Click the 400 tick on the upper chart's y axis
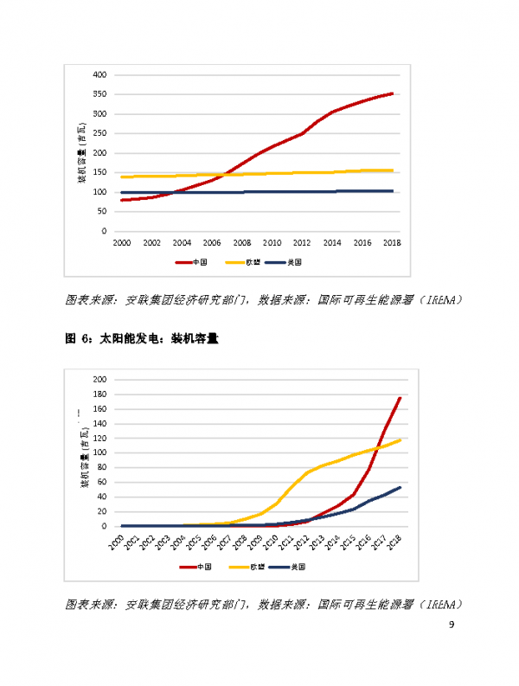tap(99, 74)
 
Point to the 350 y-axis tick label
tap(99, 94)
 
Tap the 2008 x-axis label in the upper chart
tap(241, 243)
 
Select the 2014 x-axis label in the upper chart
tap(331, 243)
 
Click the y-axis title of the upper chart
tap(83, 154)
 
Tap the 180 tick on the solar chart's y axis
tap(99, 394)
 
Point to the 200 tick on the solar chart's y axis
tap(99, 380)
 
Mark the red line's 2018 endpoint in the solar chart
tap(400, 398)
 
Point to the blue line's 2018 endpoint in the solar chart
tap(400, 487)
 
